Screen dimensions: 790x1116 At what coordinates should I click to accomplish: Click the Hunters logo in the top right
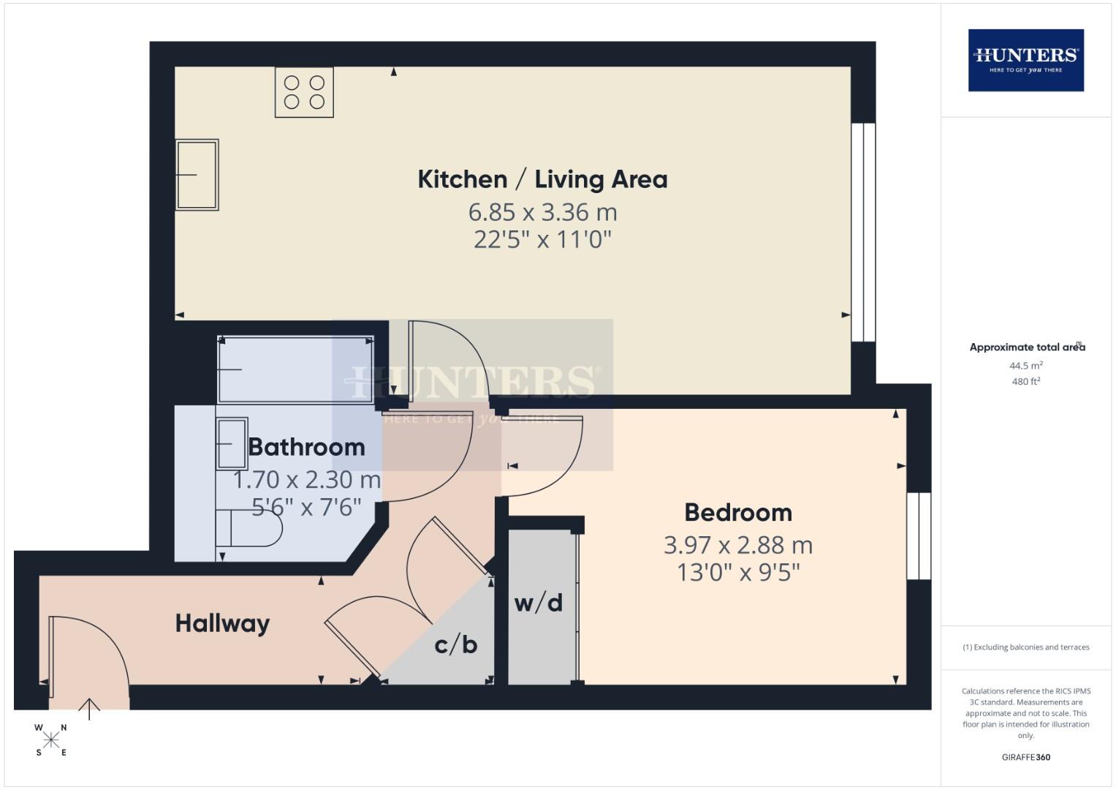tap(1025, 60)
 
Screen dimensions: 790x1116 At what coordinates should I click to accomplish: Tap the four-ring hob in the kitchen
tap(304, 92)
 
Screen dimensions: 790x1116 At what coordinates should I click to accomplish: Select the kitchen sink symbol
tap(197, 175)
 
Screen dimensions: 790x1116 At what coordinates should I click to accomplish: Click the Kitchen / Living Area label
tap(542, 179)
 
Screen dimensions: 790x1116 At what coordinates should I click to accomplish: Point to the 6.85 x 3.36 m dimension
tap(542, 213)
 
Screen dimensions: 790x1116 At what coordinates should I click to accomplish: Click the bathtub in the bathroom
tap(295, 369)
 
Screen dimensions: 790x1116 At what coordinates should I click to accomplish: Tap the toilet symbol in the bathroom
tap(249, 528)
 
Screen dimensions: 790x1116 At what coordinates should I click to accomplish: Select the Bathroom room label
tap(306, 447)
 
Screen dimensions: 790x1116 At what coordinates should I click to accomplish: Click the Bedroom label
tap(738, 513)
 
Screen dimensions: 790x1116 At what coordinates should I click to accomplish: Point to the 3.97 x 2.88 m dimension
tap(738, 546)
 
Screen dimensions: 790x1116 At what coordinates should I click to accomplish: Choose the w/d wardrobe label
tap(539, 603)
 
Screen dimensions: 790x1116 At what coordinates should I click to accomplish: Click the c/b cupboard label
tap(456, 644)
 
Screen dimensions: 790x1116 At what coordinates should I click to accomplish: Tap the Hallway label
tap(223, 623)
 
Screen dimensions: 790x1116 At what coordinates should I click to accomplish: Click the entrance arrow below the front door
tap(89, 709)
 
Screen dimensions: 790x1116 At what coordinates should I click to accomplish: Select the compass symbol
tap(51, 740)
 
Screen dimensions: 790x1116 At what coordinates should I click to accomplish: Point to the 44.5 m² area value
tap(1026, 366)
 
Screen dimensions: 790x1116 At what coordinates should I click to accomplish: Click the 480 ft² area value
tap(1026, 382)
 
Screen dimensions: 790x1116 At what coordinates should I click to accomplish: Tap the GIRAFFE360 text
tap(1026, 757)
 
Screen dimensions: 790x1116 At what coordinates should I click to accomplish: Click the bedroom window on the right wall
tap(919, 536)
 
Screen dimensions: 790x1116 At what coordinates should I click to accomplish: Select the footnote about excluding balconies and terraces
tap(1026, 647)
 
